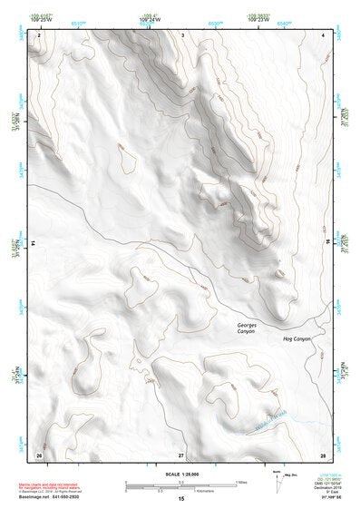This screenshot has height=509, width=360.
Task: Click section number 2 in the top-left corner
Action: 40,34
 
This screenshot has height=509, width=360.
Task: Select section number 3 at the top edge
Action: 182,34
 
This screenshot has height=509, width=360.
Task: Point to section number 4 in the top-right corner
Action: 323,34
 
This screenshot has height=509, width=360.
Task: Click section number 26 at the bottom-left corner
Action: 39,454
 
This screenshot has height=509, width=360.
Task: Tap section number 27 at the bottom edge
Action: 181,454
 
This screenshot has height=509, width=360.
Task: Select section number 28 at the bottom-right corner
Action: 322,454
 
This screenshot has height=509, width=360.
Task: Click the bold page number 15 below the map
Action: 181,499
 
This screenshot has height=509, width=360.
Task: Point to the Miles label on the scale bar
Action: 241,482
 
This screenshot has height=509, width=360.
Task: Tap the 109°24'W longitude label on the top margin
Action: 149,19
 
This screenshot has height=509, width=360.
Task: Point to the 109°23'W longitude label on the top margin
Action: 258,19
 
